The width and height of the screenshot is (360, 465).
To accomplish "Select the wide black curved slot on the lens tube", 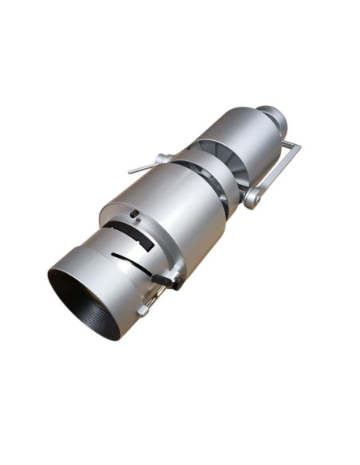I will [x=131, y=234].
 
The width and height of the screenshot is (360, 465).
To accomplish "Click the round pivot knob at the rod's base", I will [x=162, y=158].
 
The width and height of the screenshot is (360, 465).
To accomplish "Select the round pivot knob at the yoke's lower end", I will [x=252, y=197].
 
